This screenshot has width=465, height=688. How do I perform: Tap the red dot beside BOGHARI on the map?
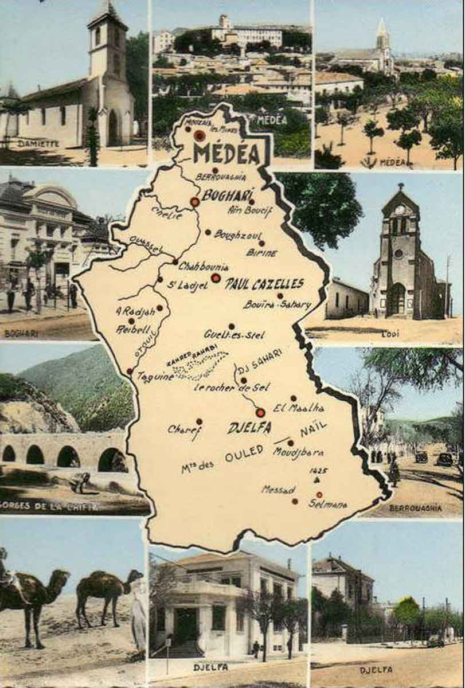point(195,202)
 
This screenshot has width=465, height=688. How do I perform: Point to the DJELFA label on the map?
point(249,428)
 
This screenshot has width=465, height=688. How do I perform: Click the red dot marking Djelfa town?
point(260,412)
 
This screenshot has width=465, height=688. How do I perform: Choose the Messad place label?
point(278,490)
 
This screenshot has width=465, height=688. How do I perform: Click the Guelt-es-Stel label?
point(234,334)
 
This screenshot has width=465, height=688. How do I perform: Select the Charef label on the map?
point(184,429)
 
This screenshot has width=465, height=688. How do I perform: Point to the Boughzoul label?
point(237,234)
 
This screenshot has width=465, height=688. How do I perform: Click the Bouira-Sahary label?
point(277,304)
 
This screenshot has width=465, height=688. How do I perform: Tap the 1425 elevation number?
point(318,470)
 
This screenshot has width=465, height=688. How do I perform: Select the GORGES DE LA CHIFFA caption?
point(49,507)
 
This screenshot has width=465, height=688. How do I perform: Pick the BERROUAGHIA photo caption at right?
point(415,507)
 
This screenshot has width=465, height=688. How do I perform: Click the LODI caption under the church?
point(390,334)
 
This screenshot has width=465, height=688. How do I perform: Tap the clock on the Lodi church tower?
point(400,210)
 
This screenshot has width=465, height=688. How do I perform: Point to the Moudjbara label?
point(298,452)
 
